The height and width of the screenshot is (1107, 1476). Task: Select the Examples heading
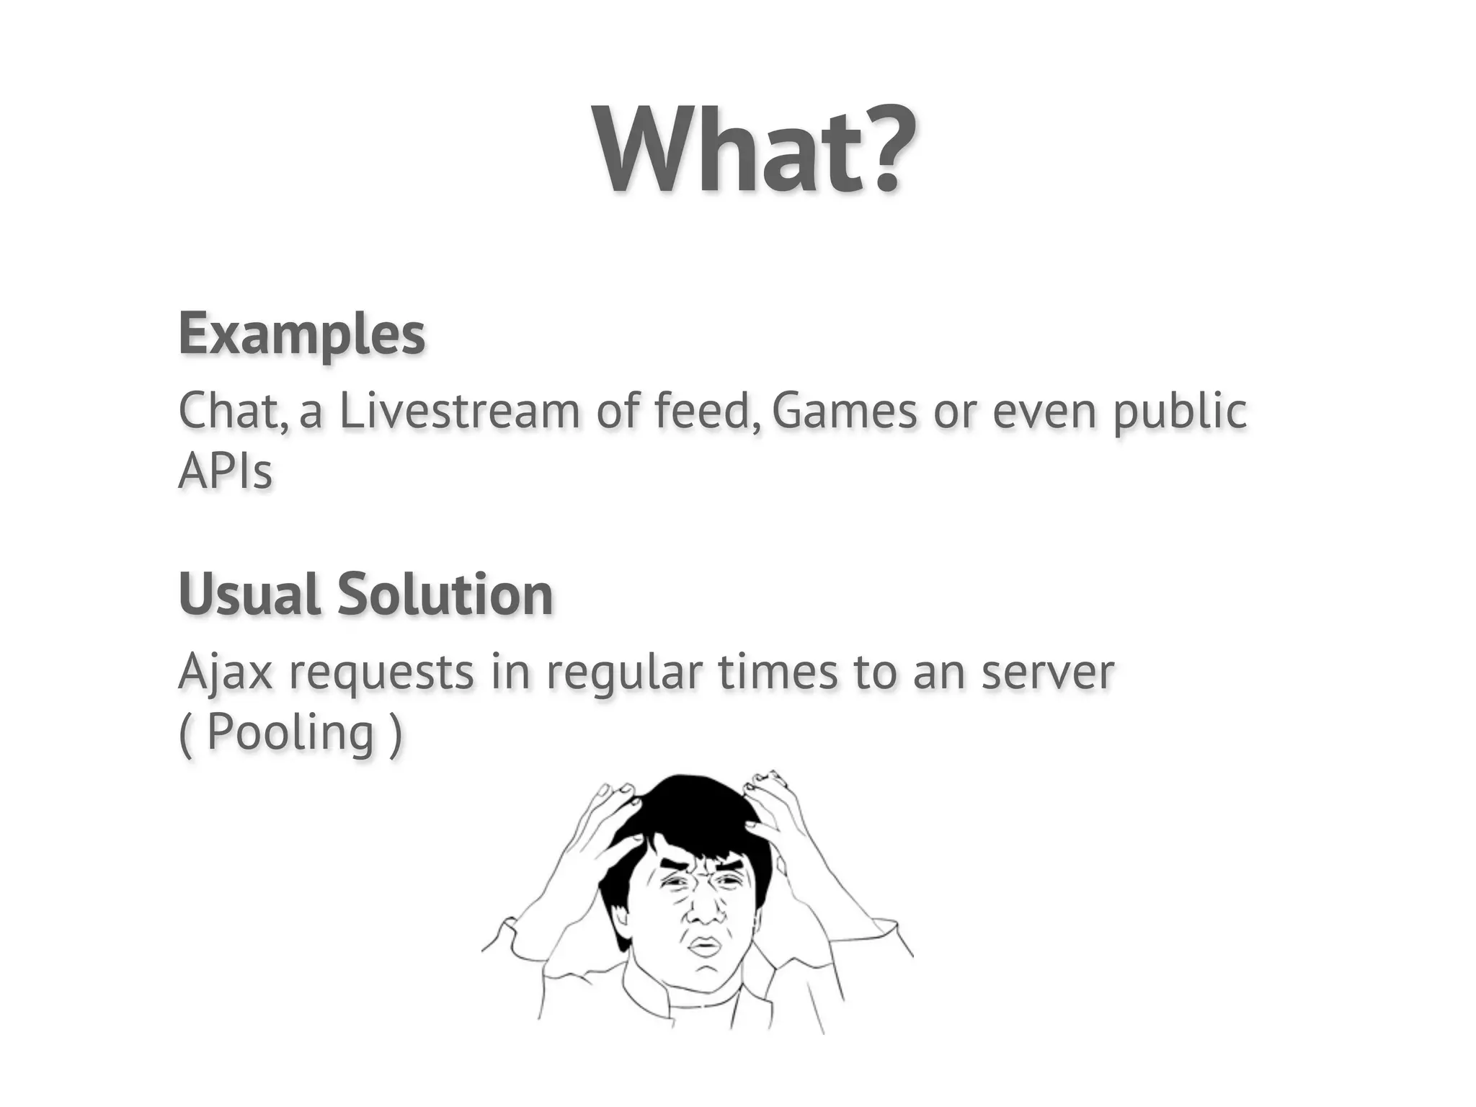coord(302,334)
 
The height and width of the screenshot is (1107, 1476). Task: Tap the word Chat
coord(232,411)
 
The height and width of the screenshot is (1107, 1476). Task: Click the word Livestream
coord(460,411)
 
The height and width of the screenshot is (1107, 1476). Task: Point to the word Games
coord(845,411)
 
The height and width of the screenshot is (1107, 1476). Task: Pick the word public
coord(1180,412)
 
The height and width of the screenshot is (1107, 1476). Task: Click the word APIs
coord(225,472)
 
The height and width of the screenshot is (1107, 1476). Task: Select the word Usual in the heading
coord(249,595)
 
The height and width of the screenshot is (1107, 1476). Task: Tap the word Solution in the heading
coord(445,595)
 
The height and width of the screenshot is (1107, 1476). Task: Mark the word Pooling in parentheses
coord(290,732)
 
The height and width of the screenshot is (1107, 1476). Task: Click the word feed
coord(705,411)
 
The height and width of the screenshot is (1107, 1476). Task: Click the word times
coord(778,672)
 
